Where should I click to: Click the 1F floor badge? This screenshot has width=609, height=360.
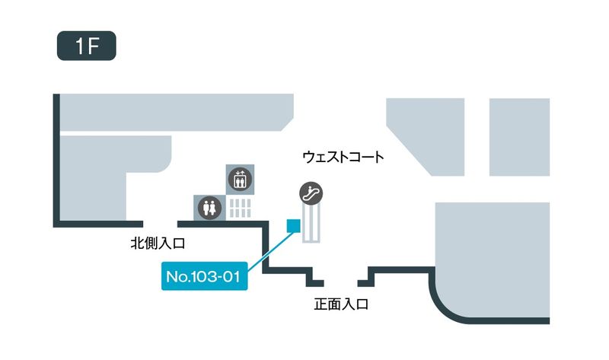pos(86,46)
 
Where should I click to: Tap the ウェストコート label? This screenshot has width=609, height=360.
pos(343,158)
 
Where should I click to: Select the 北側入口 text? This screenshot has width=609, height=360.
pos(158,244)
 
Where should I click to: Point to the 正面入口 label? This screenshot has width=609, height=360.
pos(341,304)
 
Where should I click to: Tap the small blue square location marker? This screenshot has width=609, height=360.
pos(292,225)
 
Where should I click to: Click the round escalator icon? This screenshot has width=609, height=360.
pos(311,193)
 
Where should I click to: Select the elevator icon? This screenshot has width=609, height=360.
pos(241,178)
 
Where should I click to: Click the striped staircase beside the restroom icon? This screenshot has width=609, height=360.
pos(241,207)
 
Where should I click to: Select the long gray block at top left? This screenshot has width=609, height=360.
pos(175,112)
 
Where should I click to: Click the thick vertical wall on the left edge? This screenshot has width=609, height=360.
pos(56,160)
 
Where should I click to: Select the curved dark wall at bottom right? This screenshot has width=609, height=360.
pos(449,308)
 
